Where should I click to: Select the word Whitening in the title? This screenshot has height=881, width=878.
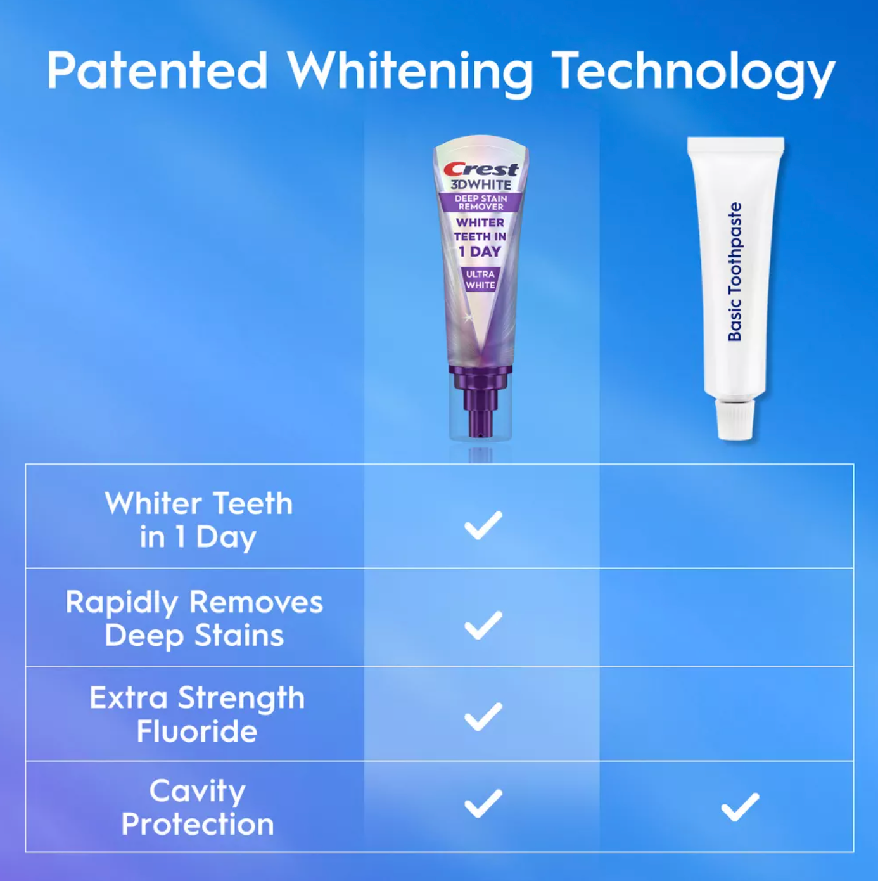tap(410, 73)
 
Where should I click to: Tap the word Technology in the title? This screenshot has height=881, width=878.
tap(694, 73)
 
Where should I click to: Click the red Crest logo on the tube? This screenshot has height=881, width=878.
tap(481, 170)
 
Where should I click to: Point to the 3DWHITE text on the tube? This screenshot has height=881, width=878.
tap(481, 184)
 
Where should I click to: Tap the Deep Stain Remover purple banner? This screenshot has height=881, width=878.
tap(481, 202)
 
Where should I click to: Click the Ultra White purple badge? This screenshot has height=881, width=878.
tap(480, 280)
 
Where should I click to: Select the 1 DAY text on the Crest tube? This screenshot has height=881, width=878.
tap(480, 251)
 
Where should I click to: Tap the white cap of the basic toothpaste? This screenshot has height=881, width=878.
tap(734, 418)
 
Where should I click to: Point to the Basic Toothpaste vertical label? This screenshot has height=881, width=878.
tap(734, 271)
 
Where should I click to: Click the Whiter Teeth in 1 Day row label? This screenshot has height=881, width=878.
tap(198, 520)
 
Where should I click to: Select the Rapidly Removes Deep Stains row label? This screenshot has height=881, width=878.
tap(194, 619)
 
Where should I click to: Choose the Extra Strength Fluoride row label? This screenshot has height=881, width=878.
tap(197, 714)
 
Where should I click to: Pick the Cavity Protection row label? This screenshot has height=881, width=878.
tap(198, 808)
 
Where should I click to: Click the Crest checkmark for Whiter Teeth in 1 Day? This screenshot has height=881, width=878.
tap(483, 525)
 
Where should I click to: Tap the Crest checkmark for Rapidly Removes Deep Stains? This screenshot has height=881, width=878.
tap(483, 625)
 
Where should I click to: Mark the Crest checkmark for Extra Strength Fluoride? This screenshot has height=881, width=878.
tap(483, 717)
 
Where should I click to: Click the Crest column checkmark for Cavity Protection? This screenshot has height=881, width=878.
tap(483, 803)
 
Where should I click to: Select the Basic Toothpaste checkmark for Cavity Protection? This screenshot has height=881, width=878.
tap(740, 807)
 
